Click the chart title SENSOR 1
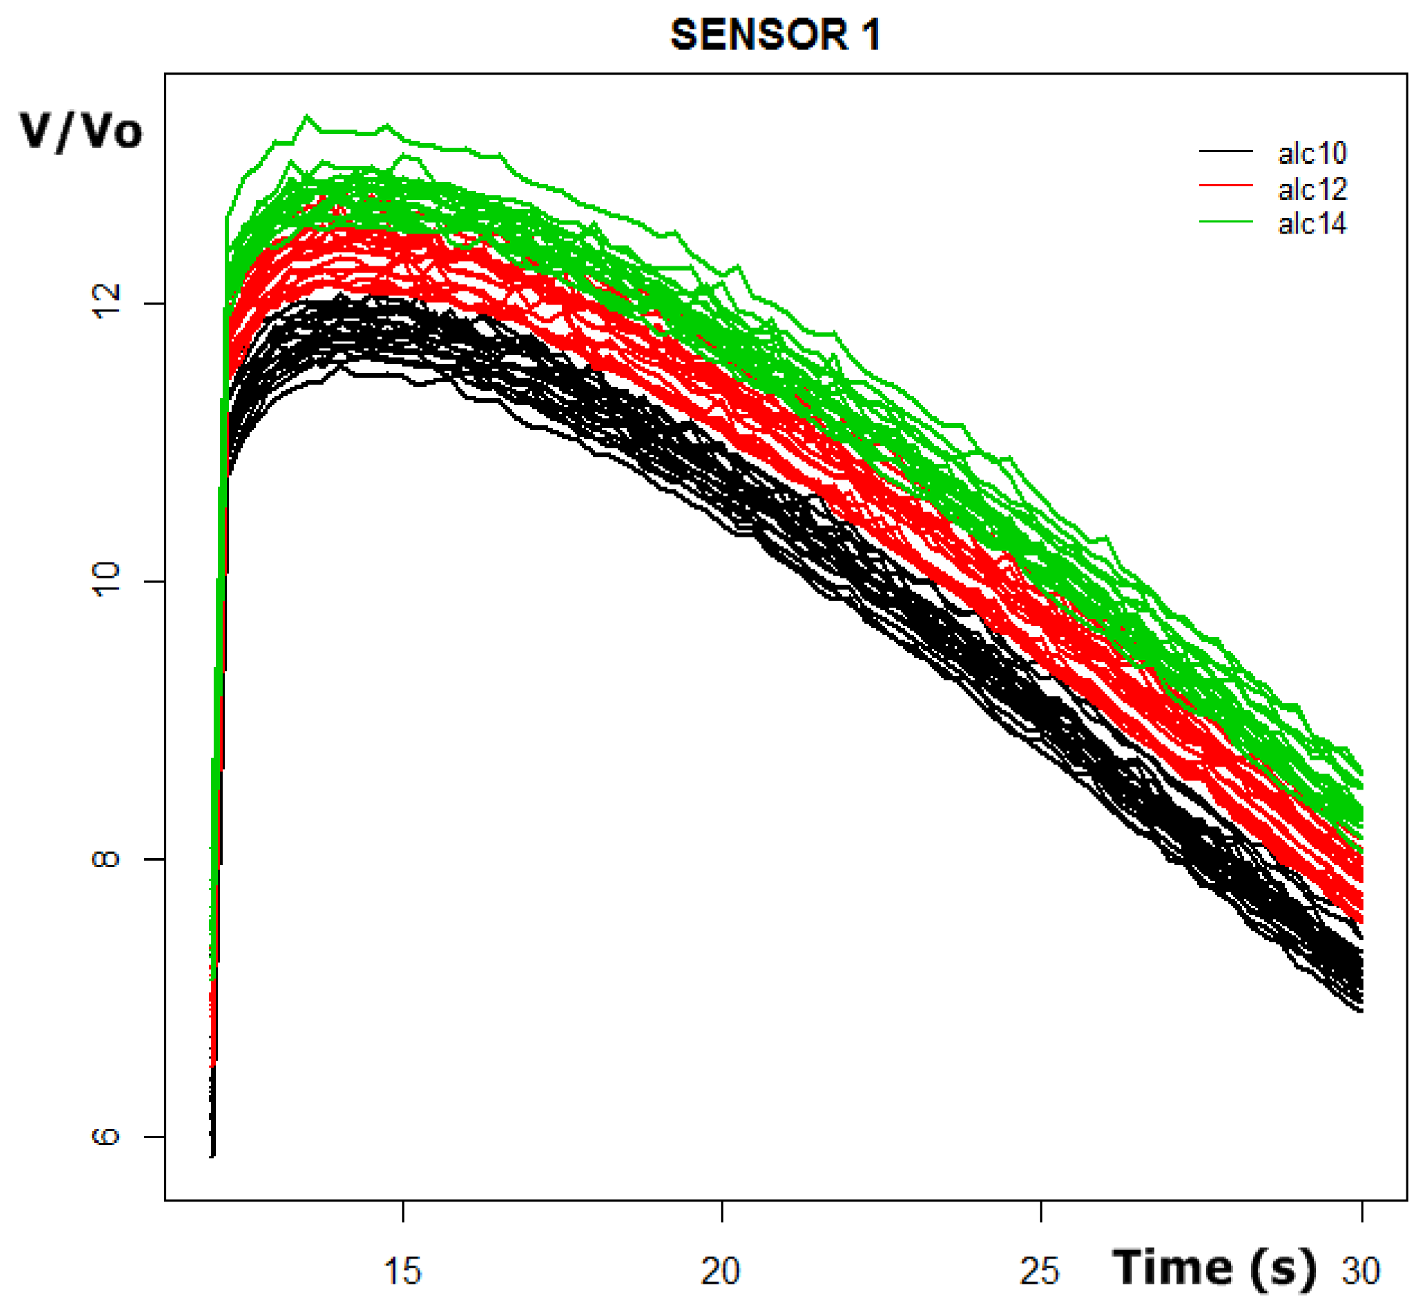point(776,35)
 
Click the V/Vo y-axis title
point(81,131)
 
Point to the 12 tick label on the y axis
point(107,302)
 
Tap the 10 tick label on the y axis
point(107,580)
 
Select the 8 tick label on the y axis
point(107,858)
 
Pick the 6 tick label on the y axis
point(107,1136)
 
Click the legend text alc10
point(1312,153)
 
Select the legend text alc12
point(1312,189)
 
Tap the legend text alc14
point(1312,224)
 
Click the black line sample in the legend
point(1226,151)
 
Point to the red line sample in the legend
point(1226,186)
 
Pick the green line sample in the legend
point(1226,222)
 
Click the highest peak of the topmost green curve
point(307,116)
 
